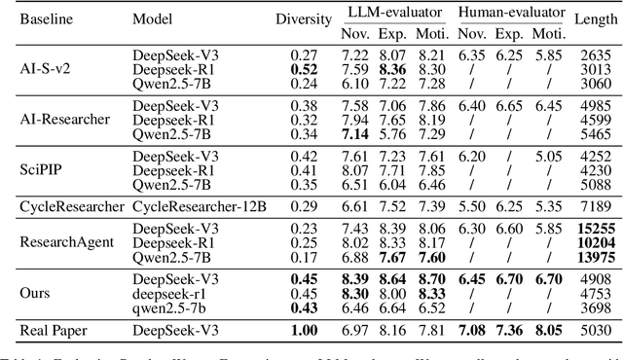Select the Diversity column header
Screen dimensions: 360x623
[x=304, y=18]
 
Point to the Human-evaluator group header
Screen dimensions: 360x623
[x=510, y=12]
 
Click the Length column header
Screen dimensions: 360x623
[x=591, y=18]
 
